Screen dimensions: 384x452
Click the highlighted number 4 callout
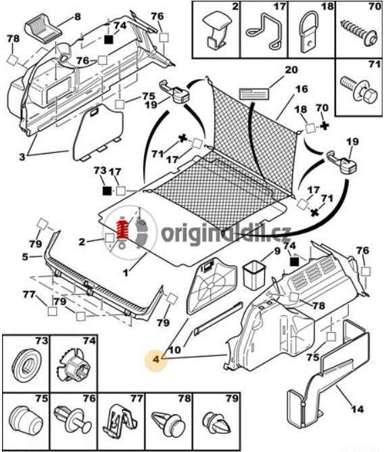tap(156, 359)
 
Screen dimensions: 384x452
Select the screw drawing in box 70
tap(360, 34)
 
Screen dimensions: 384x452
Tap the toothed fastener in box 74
tap(74, 365)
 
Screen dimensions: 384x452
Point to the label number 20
tap(291, 70)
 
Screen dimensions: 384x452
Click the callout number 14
tap(357, 409)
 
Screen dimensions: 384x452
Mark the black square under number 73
tap(107, 191)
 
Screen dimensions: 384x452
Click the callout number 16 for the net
tap(302, 89)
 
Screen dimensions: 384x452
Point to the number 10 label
tap(174, 350)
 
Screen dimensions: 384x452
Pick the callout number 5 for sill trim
tap(25, 256)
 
